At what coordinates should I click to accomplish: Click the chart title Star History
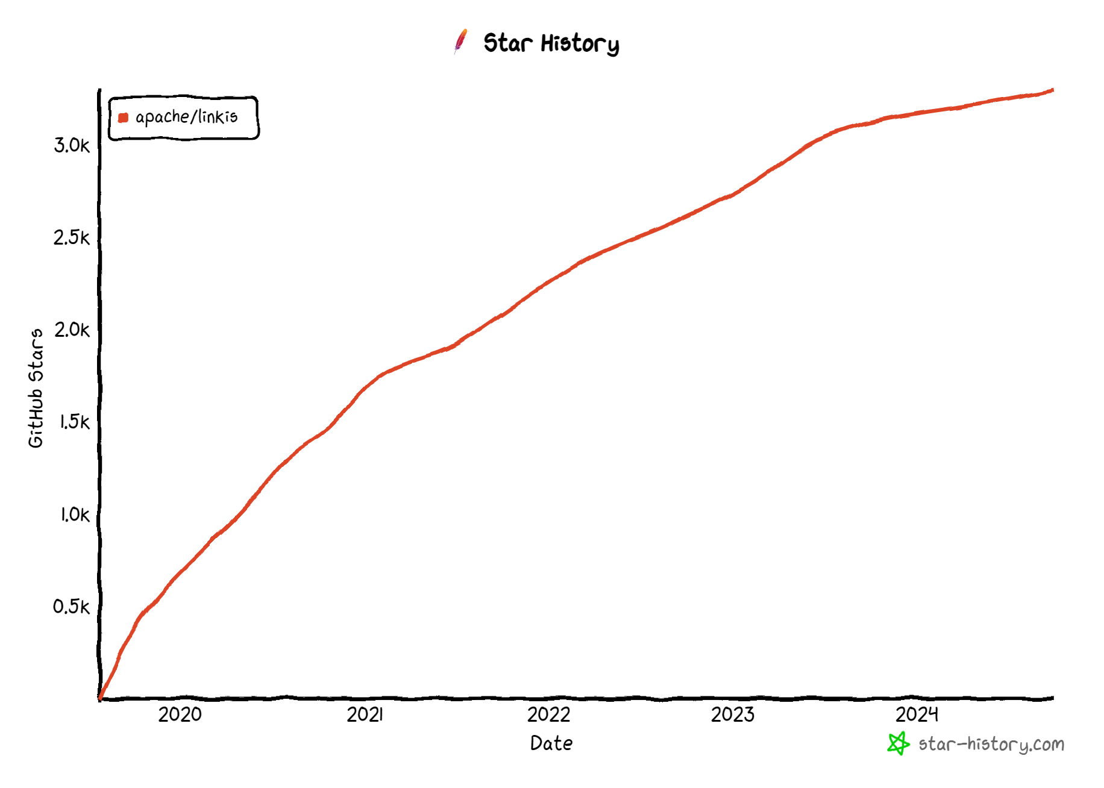click(x=551, y=43)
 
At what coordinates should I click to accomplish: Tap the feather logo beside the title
click(x=461, y=41)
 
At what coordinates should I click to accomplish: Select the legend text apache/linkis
click(x=186, y=117)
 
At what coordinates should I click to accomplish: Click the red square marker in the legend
click(x=124, y=117)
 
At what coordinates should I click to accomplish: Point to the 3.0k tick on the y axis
click(x=72, y=145)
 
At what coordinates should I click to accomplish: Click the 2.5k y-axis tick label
click(x=72, y=237)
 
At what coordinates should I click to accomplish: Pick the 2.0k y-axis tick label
click(x=72, y=330)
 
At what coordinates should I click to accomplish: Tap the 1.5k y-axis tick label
click(x=74, y=422)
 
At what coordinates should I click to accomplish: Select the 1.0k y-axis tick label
click(x=74, y=514)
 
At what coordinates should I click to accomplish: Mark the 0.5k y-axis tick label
click(x=72, y=607)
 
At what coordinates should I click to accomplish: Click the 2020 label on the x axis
click(x=180, y=715)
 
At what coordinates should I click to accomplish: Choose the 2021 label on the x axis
click(x=365, y=715)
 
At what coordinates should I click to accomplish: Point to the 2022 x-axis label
click(x=548, y=715)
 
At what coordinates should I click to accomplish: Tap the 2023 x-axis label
click(x=732, y=715)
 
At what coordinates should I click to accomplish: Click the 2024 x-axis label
click(x=917, y=715)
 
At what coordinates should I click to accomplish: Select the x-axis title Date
click(x=551, y=743)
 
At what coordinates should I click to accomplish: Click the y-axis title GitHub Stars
click(x=36, y=388)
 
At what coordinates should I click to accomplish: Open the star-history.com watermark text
click(x=991, y=745)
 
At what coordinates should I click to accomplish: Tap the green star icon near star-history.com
click(x=898, y=743)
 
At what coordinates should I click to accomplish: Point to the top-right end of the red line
click(x=1052, y=90)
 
